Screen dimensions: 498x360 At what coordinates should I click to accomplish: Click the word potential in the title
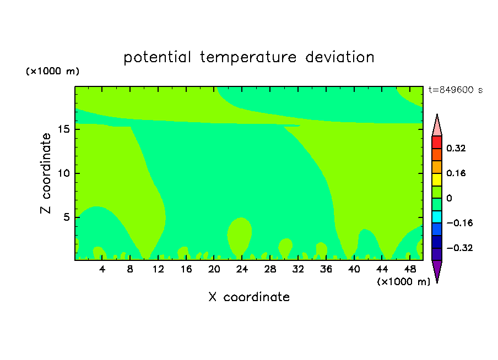point(157,58)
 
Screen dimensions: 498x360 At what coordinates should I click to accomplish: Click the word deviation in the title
point(340,57)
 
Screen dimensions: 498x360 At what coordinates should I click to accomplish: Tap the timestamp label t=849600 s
point(456,90)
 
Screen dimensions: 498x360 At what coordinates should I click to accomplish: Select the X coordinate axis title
point(249,297)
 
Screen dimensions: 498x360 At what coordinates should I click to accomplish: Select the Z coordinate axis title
point(46,173)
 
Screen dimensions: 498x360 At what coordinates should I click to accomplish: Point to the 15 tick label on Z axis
point(63,129)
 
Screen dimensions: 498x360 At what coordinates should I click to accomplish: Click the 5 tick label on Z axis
point(66,217)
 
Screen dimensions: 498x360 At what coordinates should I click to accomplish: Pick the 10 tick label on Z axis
point(63,173)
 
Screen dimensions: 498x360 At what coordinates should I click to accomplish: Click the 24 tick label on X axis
point(242,269)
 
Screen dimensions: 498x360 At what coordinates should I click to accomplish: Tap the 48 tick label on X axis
point(410,269)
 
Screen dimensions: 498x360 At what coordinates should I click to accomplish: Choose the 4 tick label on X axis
point(102,269)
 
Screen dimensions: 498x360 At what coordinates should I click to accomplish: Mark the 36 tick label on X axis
point(326,269)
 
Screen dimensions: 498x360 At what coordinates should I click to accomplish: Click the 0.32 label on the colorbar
point(456,148)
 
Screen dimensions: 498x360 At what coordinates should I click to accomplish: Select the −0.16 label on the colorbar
point(459,223)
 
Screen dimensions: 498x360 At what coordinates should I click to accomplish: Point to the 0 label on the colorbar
point(449,198)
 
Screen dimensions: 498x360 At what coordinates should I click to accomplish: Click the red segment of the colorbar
point(437,142)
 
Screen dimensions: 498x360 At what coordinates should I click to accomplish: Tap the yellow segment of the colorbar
point(437,179)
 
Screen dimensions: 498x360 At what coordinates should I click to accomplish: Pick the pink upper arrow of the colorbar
point(437,126)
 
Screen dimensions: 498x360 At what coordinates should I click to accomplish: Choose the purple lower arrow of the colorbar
point(437,271)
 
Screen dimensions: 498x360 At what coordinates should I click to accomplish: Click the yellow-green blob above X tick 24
point(240,235)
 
